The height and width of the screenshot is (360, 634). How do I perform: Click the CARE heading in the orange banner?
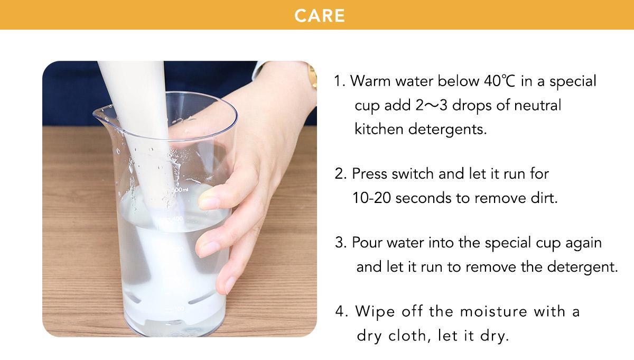point(320,15)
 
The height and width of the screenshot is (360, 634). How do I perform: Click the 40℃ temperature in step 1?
point(500,81)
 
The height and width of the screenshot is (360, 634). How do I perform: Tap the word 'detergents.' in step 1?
point(447,130)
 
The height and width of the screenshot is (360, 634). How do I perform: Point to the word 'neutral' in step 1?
point(537,105)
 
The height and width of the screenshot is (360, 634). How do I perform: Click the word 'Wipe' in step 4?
point(375,312)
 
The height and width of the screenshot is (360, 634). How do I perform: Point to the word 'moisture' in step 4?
point(493,311)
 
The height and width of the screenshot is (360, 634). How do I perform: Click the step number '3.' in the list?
point(341,243)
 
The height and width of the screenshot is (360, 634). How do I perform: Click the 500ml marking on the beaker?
point(180,189)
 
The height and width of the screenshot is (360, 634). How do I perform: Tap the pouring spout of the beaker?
point(99,114)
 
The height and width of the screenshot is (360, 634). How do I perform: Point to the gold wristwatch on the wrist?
point(312,77)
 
